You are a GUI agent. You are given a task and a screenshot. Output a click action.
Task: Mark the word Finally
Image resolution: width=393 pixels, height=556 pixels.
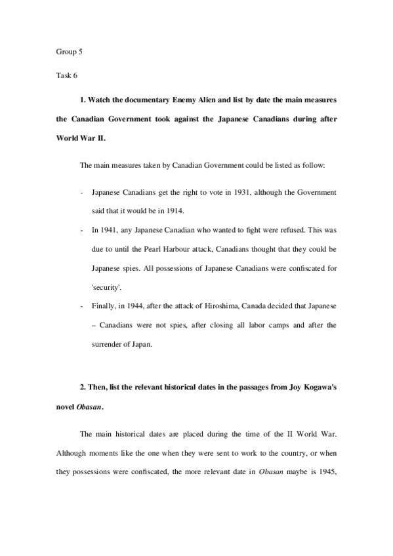click(105, 306)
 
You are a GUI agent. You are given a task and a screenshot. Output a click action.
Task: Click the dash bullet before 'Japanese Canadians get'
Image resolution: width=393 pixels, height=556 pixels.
click(81, 193)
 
